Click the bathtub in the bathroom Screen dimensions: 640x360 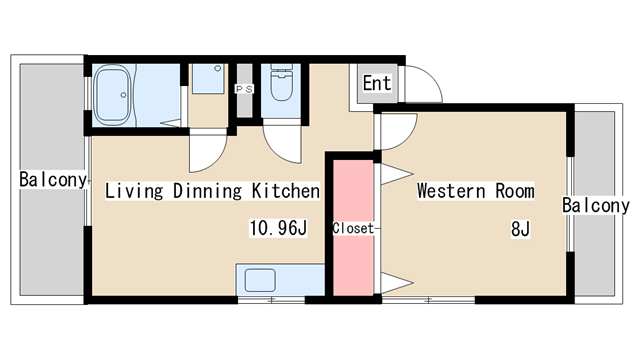pos(112,95)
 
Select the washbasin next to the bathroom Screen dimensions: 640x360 pos(208,78)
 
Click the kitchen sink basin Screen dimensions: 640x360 pos(260,280)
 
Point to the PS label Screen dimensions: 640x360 pos(244,89)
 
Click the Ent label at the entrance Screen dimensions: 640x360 pos(377,83)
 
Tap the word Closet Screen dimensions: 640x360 pos(353,228)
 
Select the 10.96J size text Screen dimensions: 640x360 pos(278,228)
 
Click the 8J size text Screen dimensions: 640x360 pos(520,229)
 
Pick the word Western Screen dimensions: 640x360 pos(451,191)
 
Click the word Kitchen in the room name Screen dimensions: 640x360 pos(286,191)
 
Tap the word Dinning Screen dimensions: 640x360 pos(207,191)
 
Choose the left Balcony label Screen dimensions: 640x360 pos(53,180)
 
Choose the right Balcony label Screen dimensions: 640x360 pos(596,205)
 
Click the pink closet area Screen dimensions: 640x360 pos(353,227)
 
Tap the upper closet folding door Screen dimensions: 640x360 pos(396,174)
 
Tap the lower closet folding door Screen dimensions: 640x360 pos(396,282)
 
